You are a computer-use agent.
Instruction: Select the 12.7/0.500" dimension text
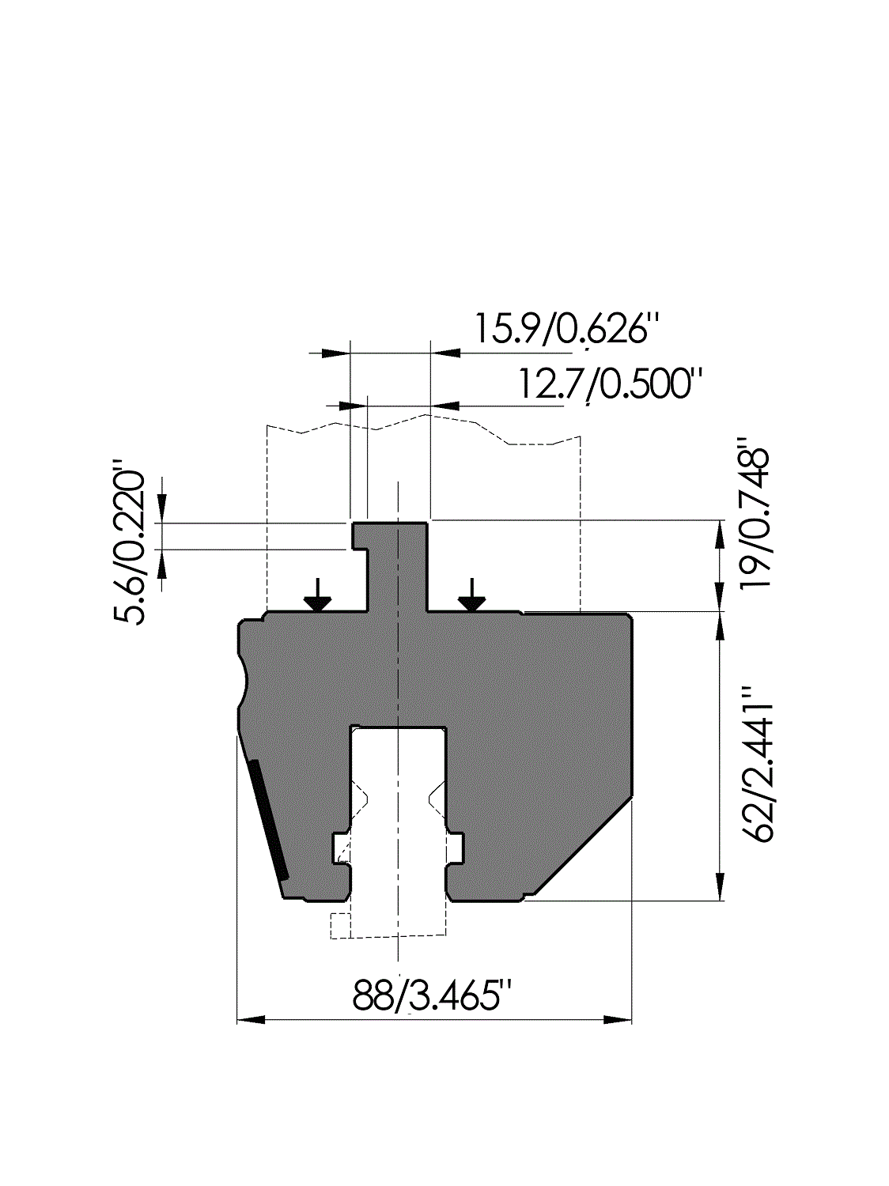(x=609, y=384)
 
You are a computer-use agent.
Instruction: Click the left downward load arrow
(x=318, y=595)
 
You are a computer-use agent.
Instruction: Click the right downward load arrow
(x=472, y=595)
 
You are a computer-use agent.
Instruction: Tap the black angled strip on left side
(x=268, y=818)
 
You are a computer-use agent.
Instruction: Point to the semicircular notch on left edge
(x=244, y=679)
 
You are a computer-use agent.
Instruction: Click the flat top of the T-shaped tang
(x=390, y=523)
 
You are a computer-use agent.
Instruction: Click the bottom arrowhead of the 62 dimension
(x=720, y=886)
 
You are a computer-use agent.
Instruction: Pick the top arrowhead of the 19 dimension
(x=720, y=534)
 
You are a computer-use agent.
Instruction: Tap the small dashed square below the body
(x=339, y=925)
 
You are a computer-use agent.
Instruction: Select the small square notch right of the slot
(x=456, y=848)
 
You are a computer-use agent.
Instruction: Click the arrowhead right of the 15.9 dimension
(x=445, y=352)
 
